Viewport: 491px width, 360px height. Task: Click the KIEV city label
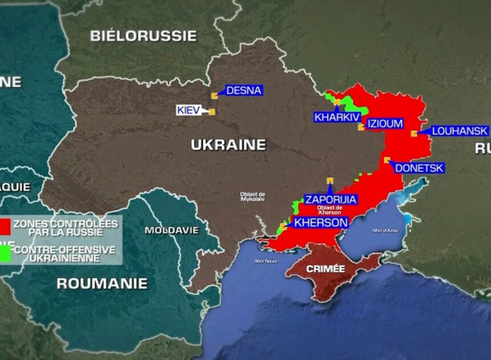pos(188,110)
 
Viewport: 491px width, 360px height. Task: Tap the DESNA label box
pos(244,90)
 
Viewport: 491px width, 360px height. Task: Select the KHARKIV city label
pos(337,117)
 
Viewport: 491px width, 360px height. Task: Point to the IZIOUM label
pos(385,123)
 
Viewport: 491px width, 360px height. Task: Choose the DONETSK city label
pos(419,168)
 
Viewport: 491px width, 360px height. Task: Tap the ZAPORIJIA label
pos(331,199)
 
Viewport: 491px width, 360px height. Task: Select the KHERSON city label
pos(320,222)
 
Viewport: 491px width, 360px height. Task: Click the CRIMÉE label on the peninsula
pos(326,268)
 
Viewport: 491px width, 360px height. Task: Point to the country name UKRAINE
pos(228,145)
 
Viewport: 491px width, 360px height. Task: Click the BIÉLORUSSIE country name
pos(143,36)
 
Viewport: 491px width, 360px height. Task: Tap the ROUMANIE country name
pos(102,283)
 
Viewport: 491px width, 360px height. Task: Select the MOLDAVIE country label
pos(171,230)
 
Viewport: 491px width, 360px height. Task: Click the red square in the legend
pos(5,226)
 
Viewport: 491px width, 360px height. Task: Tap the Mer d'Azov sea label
pos(385,230)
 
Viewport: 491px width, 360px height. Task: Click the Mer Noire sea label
pos(266,261)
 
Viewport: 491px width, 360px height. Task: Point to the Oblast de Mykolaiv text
pos(253,197)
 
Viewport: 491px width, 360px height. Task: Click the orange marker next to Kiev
pos(211,112)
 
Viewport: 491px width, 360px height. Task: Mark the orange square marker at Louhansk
pos(413,134)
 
